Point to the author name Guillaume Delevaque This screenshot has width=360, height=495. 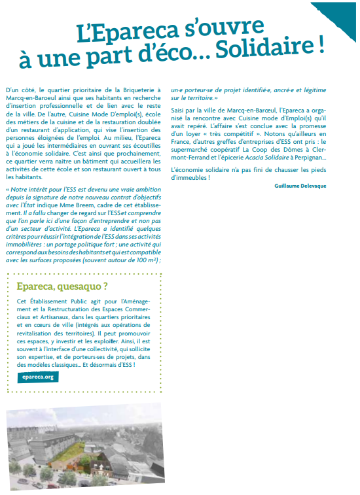coord(300,186)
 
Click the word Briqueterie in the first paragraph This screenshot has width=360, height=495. coord(137,89)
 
